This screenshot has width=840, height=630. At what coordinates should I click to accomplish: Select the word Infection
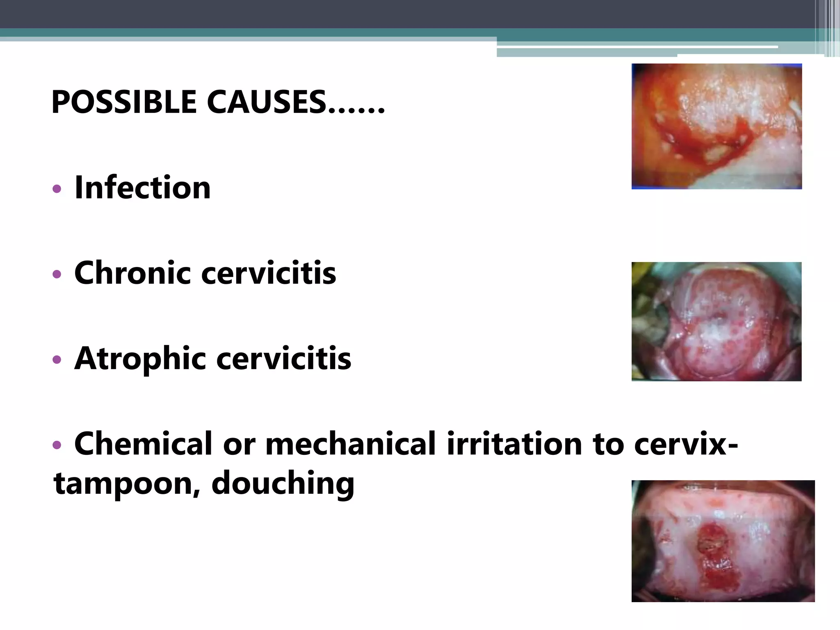[x=142, y=188]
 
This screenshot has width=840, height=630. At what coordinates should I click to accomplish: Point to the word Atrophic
[x=139, y=358]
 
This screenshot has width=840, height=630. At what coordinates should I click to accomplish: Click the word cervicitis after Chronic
[x=269, y=273]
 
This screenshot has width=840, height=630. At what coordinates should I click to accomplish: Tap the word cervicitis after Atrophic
[x=283, y=358]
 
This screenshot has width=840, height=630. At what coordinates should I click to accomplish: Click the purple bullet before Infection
[x=57, y=189]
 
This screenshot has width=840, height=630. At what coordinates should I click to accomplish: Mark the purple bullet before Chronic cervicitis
[x=57, y=274]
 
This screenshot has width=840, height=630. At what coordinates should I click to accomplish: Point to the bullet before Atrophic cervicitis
[x=57, y=360]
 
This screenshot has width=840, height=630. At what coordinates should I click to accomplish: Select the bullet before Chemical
[x=57, y=445]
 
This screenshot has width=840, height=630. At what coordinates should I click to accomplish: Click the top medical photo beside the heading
[x=717, y=126]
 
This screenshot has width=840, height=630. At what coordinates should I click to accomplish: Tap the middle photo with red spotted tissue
[x=716, y=322]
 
